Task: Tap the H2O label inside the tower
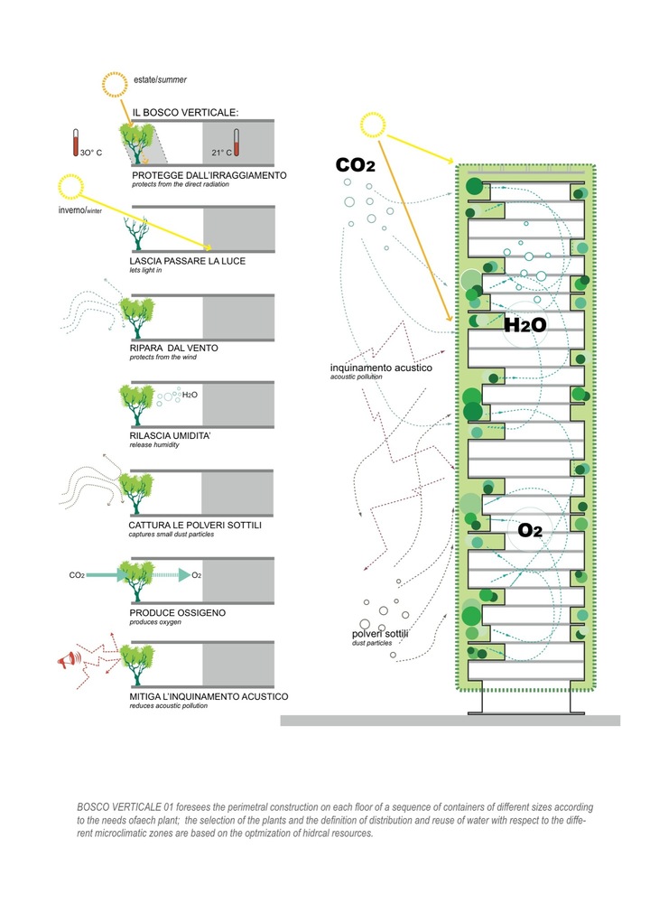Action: (525, 326)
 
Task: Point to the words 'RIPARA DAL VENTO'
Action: (174, 347)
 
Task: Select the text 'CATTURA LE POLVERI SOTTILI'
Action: (195, 524)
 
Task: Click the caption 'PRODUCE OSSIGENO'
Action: (177, 612)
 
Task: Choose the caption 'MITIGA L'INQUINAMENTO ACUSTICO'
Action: (209, 696)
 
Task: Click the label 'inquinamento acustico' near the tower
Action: (381, 368)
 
